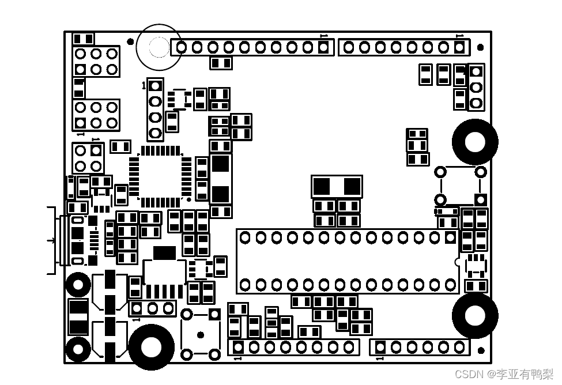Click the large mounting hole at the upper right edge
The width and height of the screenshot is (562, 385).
[x=475, y=142]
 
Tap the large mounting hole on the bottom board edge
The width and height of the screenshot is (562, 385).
[x=151, y=347]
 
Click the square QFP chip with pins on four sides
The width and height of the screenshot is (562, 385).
[x=160, y=176]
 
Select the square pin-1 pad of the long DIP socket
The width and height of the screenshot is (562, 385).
[x=450, y=237]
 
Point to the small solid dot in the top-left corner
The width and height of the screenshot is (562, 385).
[x=130, y=41]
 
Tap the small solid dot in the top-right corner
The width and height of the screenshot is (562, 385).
[x=480, y=47]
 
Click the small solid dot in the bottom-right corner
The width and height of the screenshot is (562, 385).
[x=481, y=350]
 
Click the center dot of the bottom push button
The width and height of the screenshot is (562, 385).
[x=200, y=334]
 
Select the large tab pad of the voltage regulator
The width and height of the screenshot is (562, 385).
[x=164, y=253]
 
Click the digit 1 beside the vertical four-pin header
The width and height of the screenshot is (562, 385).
[x=144, y=86]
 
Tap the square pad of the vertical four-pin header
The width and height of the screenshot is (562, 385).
[x=155, y=86]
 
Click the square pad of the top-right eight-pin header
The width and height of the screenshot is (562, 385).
[x=459, y=47]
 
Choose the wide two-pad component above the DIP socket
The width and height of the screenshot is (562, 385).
[x=337, y=187]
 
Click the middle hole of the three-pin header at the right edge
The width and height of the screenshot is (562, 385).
[x=476, y=87]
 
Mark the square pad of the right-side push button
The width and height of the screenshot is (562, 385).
[x=480, y=199]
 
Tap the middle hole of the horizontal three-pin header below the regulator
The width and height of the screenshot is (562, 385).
[x=152, y=308]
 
